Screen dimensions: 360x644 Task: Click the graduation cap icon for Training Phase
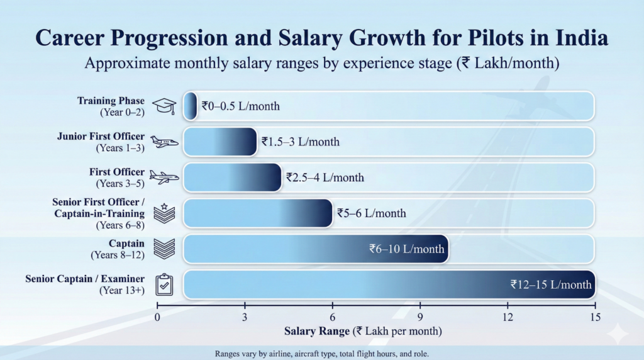pyautogui.click(x=165, y=106)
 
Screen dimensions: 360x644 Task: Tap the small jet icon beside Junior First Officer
pyautogui.click(x=165, y=142)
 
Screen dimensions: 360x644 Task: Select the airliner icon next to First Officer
pyautogui.click(x=165, y=177)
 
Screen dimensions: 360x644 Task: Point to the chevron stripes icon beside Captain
pyautogui.click(x=165, y=249)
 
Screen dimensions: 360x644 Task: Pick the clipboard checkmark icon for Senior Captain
pyautogui.click(x=165, y=284)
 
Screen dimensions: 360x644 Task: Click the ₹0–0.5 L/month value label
pyautogui.click(x=240, y=106)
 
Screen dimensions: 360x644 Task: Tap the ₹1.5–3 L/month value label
pyautogui.click(x=300, y=142)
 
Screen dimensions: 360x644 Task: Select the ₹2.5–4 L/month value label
pyautogui.click(x=325, y=177)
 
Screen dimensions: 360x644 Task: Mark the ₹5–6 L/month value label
pyautogui.click(x=371, y=213)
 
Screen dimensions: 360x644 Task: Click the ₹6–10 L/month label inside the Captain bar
pyautogui.click(x=406, y=249)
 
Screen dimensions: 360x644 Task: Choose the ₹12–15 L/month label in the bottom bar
pyautogui.click(x=550, y=284)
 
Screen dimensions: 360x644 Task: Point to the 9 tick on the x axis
pyautogui.click(x=420, y=317)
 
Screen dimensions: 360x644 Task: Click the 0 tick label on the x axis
pyautogui.click(x=157, y=317)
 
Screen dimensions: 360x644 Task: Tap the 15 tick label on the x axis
pyautogui.click(x=595, y=317)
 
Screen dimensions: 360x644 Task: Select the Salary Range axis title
pyautogui.click(x=362, y=331)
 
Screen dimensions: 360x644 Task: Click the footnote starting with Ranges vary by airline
pyautogui.click(x=321, y=354)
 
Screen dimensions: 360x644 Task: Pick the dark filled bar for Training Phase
pyautogui.click(x=190, y=106)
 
